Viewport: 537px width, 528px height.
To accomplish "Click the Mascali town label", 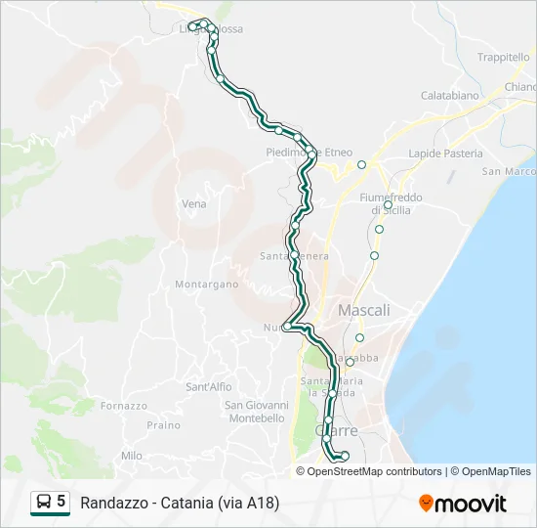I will pos(363,310).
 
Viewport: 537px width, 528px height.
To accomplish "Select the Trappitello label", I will pos(503,58).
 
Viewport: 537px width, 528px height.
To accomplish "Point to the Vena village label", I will pos(194,204).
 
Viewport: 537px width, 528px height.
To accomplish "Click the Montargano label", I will pos(206,285).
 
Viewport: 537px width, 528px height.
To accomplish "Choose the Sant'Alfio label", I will pos(209,387).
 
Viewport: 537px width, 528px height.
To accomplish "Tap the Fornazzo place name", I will pos(123,406).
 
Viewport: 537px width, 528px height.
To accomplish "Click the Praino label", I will pos(163,425).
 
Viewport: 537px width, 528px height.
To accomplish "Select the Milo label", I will pos(132,456).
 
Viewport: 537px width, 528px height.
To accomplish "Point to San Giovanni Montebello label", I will pos(256,412).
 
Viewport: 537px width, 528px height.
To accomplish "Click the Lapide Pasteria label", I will pos(445,154).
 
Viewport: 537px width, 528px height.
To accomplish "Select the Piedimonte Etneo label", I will pos(310,153).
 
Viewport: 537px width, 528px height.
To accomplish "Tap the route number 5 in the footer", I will pos(62,502).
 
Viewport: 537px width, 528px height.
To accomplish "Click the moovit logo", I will pos(463,504).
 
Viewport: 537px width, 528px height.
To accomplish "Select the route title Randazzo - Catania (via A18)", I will pos(181,504).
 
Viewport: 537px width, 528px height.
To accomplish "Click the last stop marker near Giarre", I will pos(345,456).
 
